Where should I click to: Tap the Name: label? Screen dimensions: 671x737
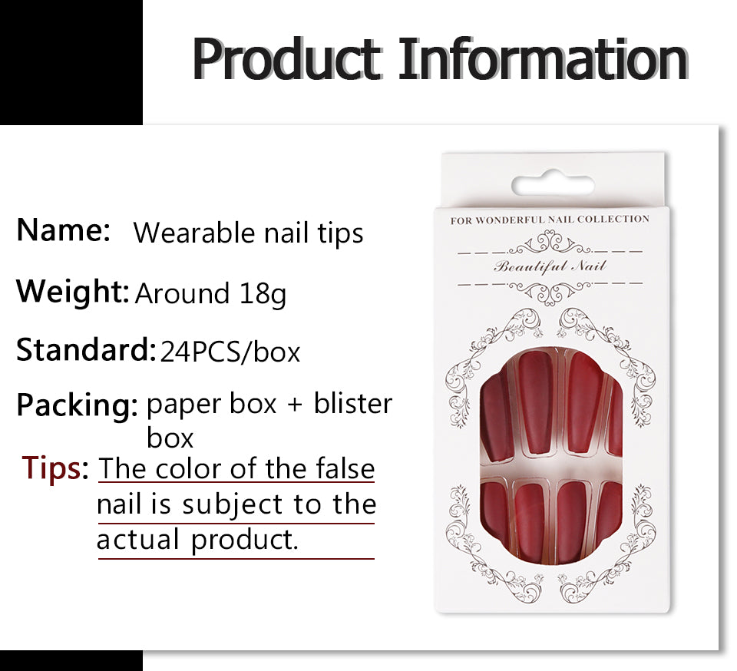coord(64,230)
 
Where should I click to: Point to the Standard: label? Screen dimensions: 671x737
coord(86,349)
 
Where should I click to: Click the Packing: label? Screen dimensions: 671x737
coord(78,405)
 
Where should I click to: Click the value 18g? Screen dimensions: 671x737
coord(263,293)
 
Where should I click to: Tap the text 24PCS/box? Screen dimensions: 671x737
coord(230,352)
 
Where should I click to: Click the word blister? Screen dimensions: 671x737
coord(353,404)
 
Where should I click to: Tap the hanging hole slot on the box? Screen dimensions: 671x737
coord(553,185)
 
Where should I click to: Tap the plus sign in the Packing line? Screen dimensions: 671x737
coord(295,405)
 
